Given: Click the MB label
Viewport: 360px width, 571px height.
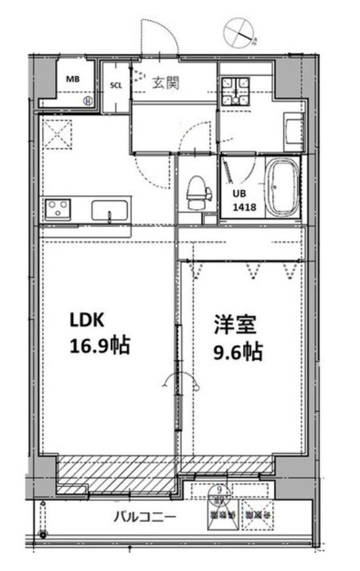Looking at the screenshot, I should click(x=72, y=78).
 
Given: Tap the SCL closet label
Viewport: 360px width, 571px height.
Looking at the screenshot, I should click(x=115, y=86).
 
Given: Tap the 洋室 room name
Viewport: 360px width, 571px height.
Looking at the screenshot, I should click(x=235, y=326).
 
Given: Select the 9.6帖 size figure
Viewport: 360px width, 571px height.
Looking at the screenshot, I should click(x=238, y=352).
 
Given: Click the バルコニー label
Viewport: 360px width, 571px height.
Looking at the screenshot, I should click(x=145, y=518).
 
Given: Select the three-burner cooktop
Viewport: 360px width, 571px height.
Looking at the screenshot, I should click(x=57, y=208).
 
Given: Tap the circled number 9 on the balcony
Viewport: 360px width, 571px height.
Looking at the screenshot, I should click(x=220, y=490).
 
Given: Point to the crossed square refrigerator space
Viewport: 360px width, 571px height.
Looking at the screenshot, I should click(x=55, y=133).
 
